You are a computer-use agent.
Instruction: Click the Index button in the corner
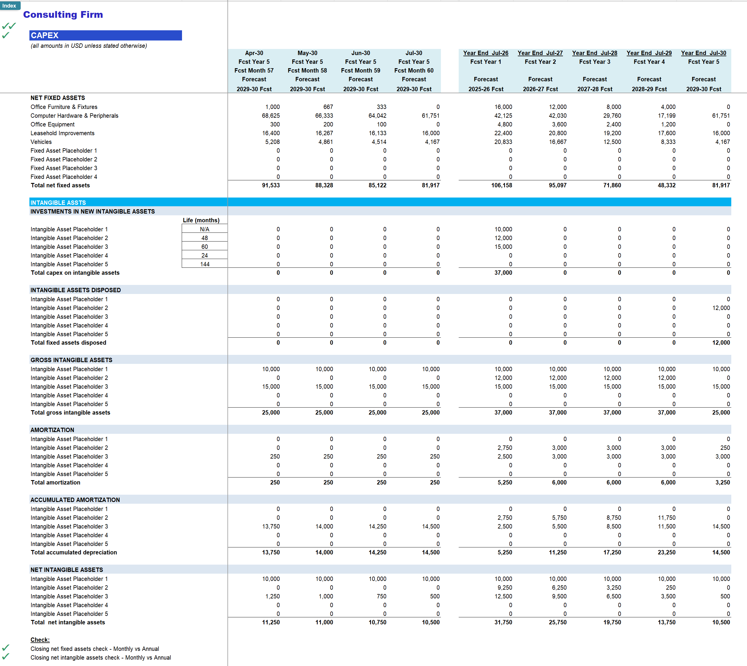coord(10,6)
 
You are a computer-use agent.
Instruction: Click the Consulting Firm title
coord(63,15)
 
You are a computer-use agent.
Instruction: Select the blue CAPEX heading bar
coord(105,36)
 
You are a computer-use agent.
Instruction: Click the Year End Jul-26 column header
coord(485,53)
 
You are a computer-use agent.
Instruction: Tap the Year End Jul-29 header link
coord(649,53)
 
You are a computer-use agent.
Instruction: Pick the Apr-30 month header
coord(254,53)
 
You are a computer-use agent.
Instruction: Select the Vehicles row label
coord(41,142)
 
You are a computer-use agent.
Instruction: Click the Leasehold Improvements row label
coord(62,133)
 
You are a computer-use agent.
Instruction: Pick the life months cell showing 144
coord(204,264)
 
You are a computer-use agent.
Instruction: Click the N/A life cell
coord(204,229)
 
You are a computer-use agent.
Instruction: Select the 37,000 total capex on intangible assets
coord(503,273)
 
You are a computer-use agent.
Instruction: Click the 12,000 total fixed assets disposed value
coord(721,343)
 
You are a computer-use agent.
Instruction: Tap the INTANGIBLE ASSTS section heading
coord(58,203)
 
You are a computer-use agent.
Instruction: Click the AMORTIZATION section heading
coord(52,430)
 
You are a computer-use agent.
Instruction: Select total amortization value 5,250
coord(504,483)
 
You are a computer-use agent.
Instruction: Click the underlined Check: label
coord(40,640)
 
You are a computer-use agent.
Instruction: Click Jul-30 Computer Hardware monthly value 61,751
coord(430,116)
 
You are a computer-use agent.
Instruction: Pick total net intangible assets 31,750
coord(503,623)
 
